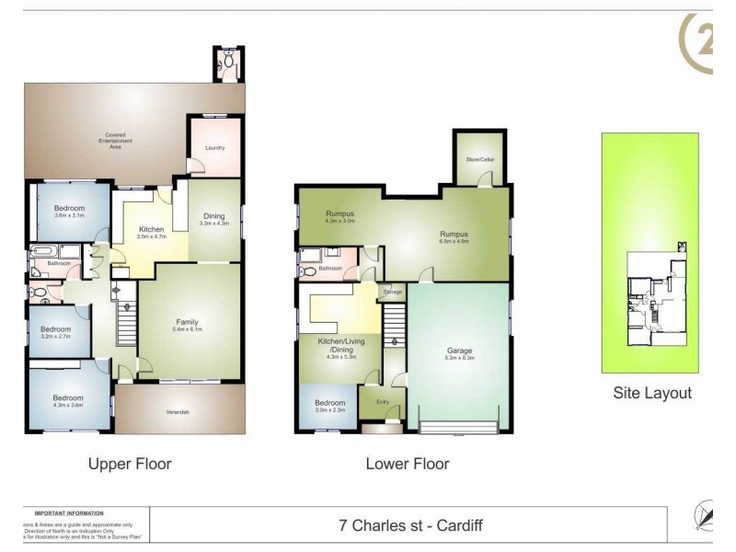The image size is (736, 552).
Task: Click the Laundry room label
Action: [x=215, y=147]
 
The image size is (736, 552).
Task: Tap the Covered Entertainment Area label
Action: [x=115, y=141]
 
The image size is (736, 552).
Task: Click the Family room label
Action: [x=189, y=322]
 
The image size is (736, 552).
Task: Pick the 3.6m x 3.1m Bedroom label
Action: [x=69, y=209]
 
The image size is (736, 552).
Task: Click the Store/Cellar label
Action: [x=480, y=160]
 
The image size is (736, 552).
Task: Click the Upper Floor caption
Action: [x=129, y=464]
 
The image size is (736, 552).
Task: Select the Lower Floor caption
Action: [x=408, y=464]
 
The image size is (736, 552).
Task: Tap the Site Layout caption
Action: [x=652, y=393]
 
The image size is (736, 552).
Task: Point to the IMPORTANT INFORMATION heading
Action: [x=69, y=512]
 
